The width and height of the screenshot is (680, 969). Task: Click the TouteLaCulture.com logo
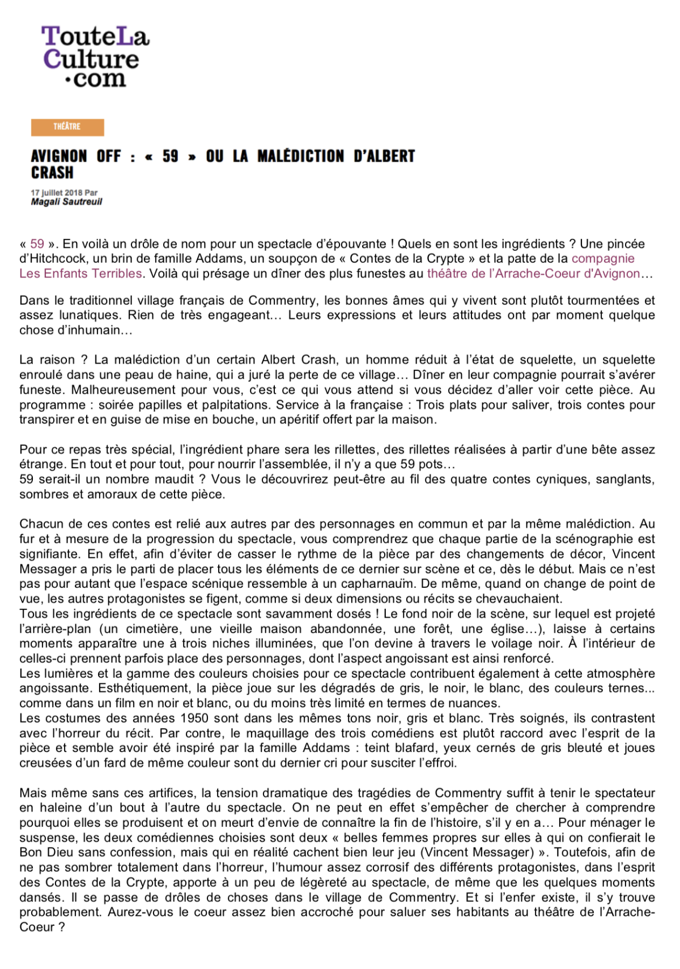tap(95, 57)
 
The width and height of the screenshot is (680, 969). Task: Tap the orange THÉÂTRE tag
tap(67, 127)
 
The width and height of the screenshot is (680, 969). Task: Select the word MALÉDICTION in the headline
tap(300, 156)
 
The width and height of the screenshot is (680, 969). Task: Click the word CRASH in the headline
tap(52, 173)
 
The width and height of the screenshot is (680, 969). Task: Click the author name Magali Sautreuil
tap(66, 202)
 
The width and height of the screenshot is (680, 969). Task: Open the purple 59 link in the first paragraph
tap(37, 244)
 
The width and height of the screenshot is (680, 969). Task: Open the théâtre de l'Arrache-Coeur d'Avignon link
tap(533, 274)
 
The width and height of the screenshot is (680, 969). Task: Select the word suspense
tap(45, 838)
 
